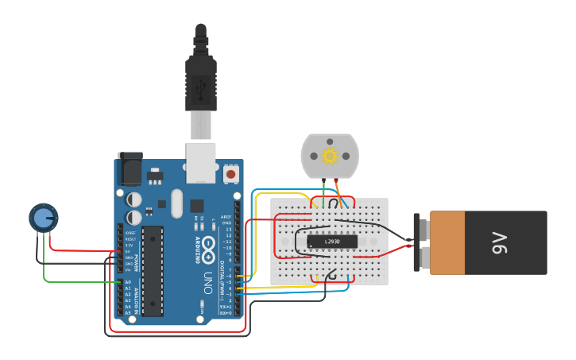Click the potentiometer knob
click(43, 217)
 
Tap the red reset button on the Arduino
click(230, 173)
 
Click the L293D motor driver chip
click(332, 241)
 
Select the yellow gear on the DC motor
click(329, 156)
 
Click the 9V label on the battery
click(499, 242)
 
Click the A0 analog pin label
click(127, 282)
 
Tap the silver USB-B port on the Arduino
click(201, 158)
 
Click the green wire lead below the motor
click(323, 189)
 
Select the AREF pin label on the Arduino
click(226, 216)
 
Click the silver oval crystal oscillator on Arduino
click(176, 203)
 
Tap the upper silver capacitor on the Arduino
click(134, 198)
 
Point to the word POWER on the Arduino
click(136, 262)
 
